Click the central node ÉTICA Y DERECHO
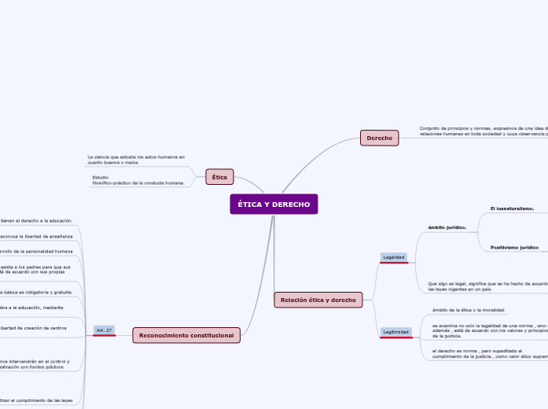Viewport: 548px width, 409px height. click(274, 204)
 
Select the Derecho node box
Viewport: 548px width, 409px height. click(380, 138)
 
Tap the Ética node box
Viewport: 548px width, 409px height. click(219, 177)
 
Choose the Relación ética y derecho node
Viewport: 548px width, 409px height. click(318, 300)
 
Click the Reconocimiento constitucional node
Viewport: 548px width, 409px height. click(186, 336)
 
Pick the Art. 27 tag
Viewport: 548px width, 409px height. click(104, 330)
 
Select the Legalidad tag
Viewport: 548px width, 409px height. click(393, 257)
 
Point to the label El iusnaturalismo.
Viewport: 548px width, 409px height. click(512, 208)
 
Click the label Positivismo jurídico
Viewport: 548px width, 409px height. click(514, 248)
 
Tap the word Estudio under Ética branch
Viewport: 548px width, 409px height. click(101, 177)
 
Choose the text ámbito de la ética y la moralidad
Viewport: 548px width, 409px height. click(469, 311)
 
